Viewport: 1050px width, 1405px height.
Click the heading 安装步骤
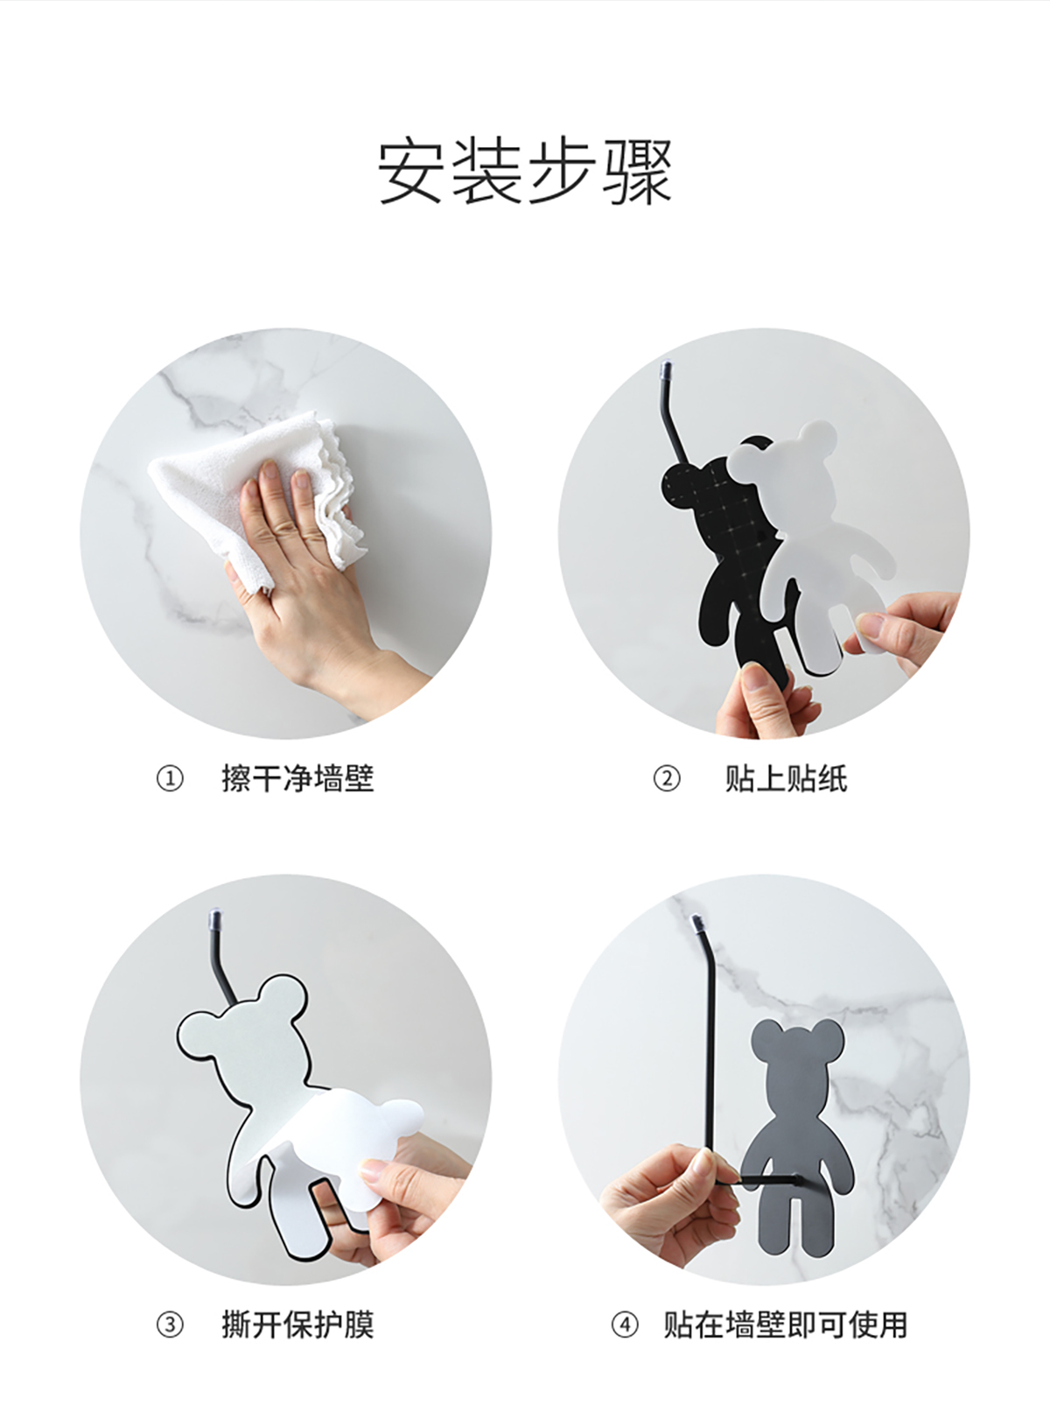click(525, 172)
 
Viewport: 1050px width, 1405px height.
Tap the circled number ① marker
click(170, 779)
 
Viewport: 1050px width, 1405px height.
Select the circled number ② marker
click(667, 779)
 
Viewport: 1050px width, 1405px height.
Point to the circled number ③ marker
click(170, 1325)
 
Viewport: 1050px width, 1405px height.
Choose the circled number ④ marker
click(625, 1325)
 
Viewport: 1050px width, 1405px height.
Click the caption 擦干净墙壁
click(297, 779)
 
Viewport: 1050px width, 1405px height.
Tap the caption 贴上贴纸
click(787, 779)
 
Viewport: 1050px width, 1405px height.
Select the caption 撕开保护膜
click(297, 1325)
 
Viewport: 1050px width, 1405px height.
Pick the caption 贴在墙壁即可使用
click(785, 1325)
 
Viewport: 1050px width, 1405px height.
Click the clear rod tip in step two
click(666, 369)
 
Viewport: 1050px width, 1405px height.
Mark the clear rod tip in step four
click(696, 924)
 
